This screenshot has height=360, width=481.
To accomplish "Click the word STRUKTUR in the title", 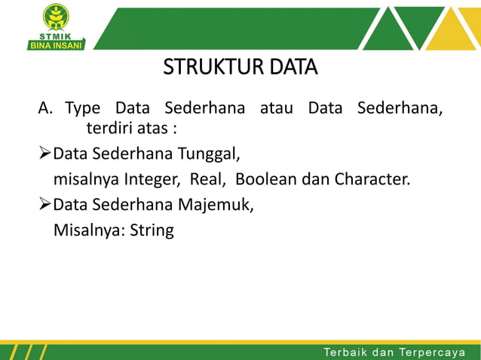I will (x=205, y=69).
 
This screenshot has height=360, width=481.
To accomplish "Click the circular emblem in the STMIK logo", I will (x=55, y=16).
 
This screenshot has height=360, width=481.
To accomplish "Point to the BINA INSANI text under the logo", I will (x=57, y=44).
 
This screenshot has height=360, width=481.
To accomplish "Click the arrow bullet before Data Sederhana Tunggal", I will (x=44, y=156).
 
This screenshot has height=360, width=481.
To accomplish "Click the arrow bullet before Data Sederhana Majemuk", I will (x=44, y=205).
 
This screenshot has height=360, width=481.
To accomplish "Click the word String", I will (x=152, y=230).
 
